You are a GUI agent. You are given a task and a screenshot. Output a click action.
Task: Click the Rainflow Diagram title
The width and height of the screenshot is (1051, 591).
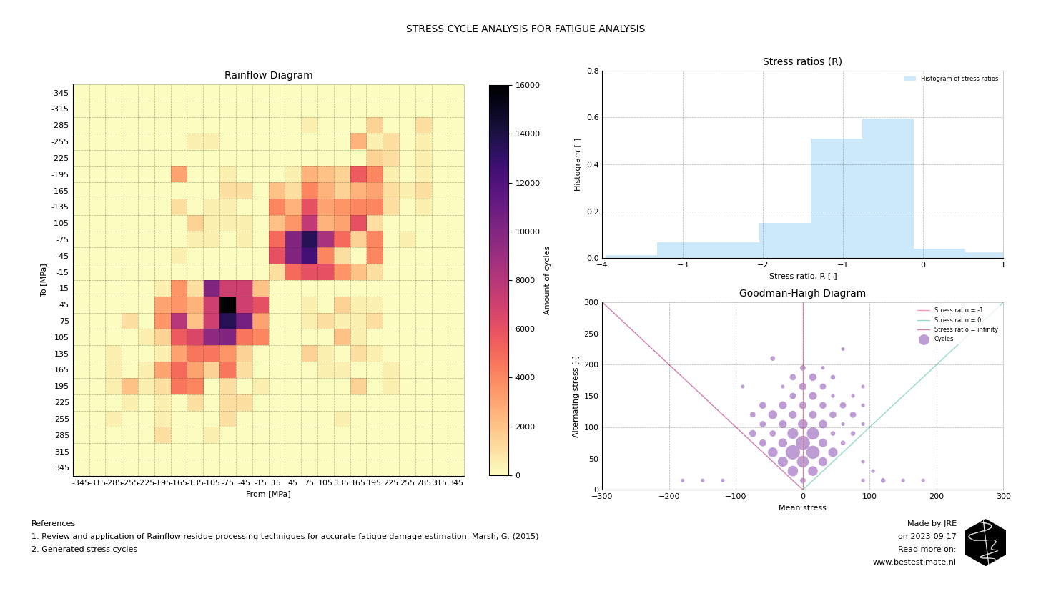(268, 76)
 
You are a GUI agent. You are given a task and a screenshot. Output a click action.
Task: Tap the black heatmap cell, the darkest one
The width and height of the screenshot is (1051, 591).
(227, 304)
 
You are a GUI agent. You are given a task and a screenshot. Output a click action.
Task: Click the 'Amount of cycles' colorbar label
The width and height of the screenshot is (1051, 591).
(548, 280)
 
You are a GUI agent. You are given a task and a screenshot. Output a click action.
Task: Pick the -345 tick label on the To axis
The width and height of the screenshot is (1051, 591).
(60, 94)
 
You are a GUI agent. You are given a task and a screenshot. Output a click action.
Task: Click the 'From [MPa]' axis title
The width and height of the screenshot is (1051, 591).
(268, 494)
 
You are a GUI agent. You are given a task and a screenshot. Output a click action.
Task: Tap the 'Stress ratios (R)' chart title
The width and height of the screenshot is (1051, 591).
(802, 62)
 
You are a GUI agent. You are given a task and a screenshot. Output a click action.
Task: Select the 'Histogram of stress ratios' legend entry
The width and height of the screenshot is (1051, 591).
(959, 79)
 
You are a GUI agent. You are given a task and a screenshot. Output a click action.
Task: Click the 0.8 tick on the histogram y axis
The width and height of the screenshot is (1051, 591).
(593, 71)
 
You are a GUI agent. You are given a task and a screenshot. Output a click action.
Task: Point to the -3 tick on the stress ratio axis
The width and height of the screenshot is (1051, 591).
(682, 265)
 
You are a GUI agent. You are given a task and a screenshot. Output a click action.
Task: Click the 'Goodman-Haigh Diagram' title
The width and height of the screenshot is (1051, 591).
(802, 294)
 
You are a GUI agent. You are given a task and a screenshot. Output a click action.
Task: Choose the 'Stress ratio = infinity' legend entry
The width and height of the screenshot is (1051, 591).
(965, 329)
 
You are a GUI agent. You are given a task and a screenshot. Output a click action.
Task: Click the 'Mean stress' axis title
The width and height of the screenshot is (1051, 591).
(802, 508)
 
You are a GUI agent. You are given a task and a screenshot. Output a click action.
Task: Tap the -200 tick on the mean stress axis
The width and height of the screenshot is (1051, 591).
(668, 496)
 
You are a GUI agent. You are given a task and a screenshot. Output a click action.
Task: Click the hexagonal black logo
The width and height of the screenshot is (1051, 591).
(985, 542)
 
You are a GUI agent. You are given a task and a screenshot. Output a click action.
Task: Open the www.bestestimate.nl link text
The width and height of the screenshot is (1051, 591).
(914, 562)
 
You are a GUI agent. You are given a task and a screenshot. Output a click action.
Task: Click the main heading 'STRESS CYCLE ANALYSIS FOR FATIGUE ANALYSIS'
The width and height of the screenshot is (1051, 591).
(525, 29)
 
